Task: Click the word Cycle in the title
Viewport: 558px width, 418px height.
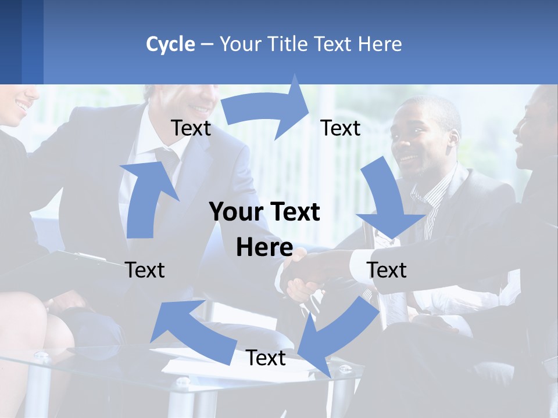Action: coord(170,44)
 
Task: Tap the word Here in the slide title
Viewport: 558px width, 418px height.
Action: coord(379,44)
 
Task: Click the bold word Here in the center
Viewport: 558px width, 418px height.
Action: coord(264,248)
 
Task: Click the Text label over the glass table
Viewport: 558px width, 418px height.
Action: coord(266,358)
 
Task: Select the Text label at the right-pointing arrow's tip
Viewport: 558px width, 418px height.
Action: coord(341,128)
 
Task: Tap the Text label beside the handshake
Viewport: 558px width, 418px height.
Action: coord(387,270)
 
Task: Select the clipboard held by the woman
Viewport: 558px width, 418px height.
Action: coord(81,255)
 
